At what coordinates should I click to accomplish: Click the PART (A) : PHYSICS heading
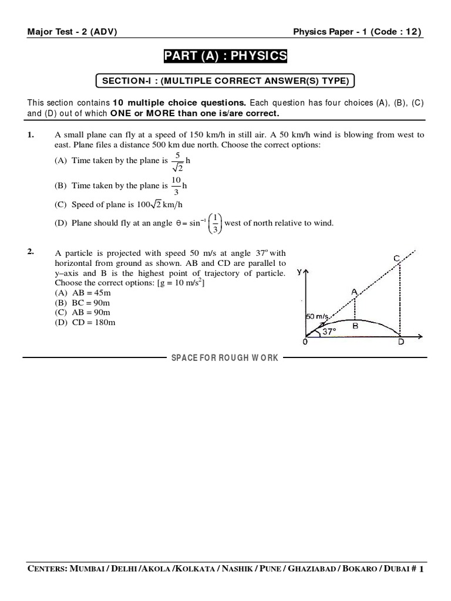point(225,56)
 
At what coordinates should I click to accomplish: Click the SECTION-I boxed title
point(225,80)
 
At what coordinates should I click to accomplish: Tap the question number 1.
point(31,135)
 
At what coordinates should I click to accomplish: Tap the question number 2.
point(31,252)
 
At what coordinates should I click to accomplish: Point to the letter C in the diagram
point(397,258)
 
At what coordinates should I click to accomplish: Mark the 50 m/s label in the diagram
point(317,316)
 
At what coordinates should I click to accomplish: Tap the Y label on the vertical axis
point(301,272)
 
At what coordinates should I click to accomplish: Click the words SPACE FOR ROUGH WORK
point(225,357)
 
